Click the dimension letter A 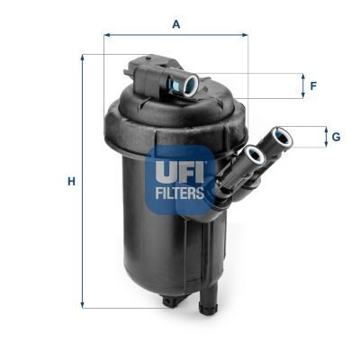point(176,24)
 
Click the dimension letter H point(70,182)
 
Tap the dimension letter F point(312,86)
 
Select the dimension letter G point(335,137)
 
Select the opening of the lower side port point(255,157)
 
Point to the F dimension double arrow point(303,86)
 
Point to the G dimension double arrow point(326,137)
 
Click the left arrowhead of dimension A point(107,35)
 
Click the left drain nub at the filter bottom point(170,301)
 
